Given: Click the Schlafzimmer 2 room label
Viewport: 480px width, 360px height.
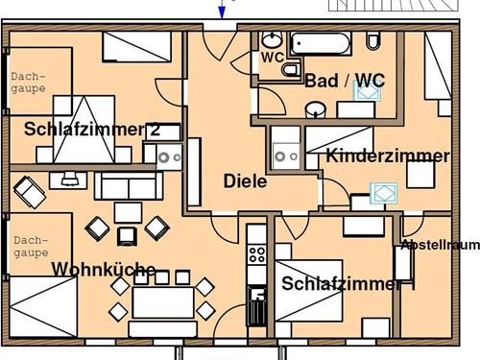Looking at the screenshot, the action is click(92, 130).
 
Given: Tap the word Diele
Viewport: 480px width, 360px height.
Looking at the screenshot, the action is click(245, 180).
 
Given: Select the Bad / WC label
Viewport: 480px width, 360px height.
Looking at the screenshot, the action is click(345, 81).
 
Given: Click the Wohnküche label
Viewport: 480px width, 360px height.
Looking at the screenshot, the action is click(103, 270).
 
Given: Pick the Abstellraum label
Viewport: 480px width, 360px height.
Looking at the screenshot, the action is click(440, 245).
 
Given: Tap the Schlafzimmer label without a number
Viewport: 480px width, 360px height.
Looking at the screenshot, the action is click(341, 283).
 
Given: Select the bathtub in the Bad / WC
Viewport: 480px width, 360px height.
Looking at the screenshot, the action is click(323, 43).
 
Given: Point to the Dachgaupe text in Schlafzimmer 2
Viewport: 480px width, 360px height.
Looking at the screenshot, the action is click(29, 84).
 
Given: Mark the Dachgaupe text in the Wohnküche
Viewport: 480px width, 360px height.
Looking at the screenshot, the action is click(30, 246).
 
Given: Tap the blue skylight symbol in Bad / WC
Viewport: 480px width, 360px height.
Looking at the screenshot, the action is click(368, 91).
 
